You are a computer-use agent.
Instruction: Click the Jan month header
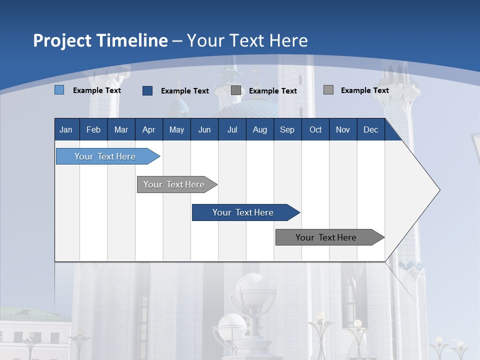pyautogui.click(x=66, y=129)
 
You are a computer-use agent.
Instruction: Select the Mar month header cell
pyautogui.click(x=121, y=129)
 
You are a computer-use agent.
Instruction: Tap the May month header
pyautogui.click(x=176, y=129)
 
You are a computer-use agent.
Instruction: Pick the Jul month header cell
pyautogui.click(x=232, y=129)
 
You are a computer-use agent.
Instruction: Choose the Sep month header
pyautogui.click(x=287, y=129)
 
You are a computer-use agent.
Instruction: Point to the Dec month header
pyautogui.click(x=370, y=129)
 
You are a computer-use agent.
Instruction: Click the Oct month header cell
pyautogui.click(x=315, y=129)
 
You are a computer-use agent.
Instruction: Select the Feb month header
pyautogui.click(x=93, y=129)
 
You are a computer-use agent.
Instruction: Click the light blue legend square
pyautogui.click(x=59, y=90)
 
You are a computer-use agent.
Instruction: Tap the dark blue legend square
pyautogui.click(x=147, y=90)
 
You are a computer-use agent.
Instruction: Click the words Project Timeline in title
pyautogui.click(x=100, y=40)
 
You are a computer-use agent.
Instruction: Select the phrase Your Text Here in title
pyautogui.click(x=247, y=40)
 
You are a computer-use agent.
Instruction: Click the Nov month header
pyautogui.click(x=343, y=129)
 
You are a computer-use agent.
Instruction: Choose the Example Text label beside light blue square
pyautogui.click(x=97, y=90)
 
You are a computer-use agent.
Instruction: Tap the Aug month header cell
pyautogui.click(x=259, y=129)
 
